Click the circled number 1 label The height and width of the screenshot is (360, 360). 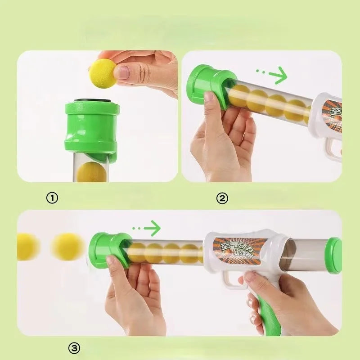[53, 198]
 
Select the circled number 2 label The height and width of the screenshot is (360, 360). [222, 198]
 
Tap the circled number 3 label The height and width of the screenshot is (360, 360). [75, 348]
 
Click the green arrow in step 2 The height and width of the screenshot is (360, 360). [271, 75]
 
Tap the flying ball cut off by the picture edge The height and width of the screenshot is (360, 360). [26, 247]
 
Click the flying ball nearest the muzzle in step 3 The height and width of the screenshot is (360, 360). [67, 247]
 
